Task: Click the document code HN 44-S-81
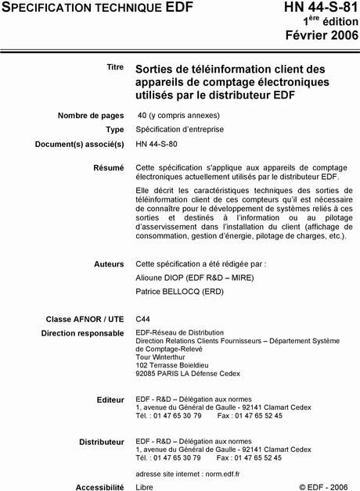tap(313, 10)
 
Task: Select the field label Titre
tap(115, 67)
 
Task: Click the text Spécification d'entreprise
tap(176, 130)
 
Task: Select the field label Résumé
tap(109, 167)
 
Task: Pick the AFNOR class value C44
tap(143, 319)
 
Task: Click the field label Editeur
tap(110, 400)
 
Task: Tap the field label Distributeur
tap(102, 442)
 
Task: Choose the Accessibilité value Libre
tap(145, 486)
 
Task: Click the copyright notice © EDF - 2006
tap(323, 486)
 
